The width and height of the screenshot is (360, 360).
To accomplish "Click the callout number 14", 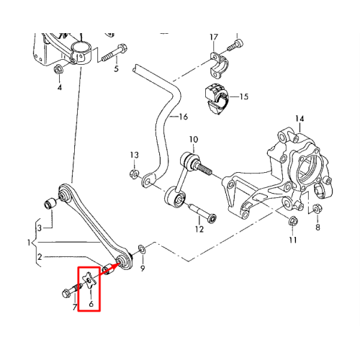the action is point(300,119).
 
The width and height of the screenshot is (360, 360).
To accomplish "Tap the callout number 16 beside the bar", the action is point(184,117).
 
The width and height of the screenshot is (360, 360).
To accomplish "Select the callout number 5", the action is point(116,69).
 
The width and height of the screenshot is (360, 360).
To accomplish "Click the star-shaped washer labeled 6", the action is point(89,281).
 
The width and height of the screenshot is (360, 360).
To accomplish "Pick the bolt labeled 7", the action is point(71,289).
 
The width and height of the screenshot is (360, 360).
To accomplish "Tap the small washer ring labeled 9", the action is point(141,249).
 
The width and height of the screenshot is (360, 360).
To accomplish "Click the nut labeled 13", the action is point(134,174).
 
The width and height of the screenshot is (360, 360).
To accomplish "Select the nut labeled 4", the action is point(58,69).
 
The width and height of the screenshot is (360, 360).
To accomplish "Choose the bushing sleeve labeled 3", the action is point(50,203).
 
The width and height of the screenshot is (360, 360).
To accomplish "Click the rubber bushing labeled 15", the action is point(217,99).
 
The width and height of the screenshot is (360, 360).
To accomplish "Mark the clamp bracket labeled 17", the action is point(219,65).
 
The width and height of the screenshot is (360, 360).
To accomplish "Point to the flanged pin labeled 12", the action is point(203,212).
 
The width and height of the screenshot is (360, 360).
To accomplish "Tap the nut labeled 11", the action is point(293,221).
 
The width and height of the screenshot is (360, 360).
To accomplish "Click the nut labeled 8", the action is point(318,208).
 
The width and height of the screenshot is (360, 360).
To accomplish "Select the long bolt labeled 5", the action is point(114,53).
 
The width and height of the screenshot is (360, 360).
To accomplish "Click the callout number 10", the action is point(194,139).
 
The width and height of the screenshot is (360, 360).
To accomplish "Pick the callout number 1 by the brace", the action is point(29,243).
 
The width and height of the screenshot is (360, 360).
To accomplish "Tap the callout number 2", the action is point(40,257).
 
